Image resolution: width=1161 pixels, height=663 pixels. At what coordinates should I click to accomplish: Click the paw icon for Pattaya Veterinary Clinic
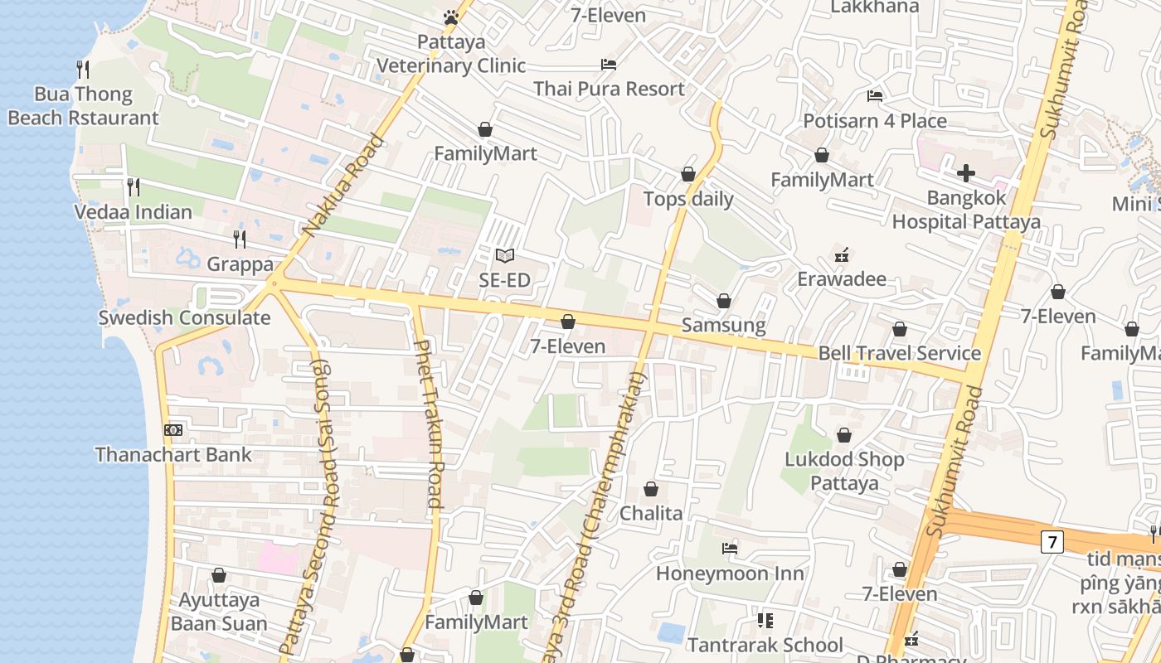click(450, 17)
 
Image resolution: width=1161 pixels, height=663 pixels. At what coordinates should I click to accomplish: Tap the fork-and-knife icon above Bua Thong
click(82, 69)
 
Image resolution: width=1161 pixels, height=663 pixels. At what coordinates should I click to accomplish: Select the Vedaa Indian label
click(134, 212)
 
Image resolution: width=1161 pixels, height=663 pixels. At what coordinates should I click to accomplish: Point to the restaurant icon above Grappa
click(239, 240)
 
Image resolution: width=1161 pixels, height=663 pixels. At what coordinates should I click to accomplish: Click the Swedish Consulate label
click(184, 318)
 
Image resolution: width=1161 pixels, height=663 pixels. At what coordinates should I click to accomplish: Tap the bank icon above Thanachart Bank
click(173, 429)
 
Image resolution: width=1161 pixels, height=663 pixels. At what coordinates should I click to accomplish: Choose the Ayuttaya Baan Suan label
click(219, 612)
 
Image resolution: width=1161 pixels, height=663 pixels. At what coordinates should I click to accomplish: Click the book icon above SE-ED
click(504, 256)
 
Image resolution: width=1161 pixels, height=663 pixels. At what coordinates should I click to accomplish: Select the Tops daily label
click(689, 199)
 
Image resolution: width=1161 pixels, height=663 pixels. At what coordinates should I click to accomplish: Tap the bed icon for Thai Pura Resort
click(609, 65)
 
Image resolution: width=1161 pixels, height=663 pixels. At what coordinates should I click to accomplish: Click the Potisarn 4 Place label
click(875, 121)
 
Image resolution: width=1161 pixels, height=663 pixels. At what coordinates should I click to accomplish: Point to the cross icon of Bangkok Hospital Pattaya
click(966, 173)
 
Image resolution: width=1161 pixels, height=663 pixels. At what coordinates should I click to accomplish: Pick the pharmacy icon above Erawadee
click(842, 254)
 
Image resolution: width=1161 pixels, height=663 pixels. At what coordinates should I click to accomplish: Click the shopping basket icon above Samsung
click(724, 300)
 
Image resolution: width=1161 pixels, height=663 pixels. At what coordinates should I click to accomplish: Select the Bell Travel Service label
click(900, 354)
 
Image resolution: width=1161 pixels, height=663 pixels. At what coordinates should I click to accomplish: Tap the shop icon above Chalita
click(651, 489)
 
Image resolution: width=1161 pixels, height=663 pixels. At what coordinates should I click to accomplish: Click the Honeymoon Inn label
click(730, 573)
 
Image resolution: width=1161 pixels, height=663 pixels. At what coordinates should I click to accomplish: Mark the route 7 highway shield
click(1052, 542)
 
